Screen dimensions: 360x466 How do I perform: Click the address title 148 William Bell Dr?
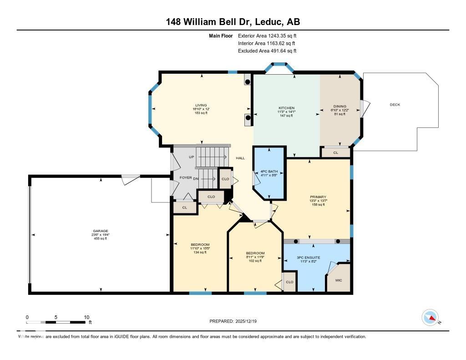pyautogui.click(x=233, y=22)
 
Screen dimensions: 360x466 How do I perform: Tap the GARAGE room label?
pyautogui.click(x=101, y=231)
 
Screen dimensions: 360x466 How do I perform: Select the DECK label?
pyautogui.click(x=395, y=105)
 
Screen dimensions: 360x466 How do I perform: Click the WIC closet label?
pyautogui.click(x=339, y=280)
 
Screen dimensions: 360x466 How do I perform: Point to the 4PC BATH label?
pyautogui.click(x=269, y=171)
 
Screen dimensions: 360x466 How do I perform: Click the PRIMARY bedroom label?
pyautogui.click(x=318, y=197)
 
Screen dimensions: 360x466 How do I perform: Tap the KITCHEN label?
pyautogui.click(x=287, y=108)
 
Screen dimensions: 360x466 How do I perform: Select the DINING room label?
pyautogui.click(x=339, y=106)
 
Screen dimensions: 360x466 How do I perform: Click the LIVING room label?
pyautogui.click(x=201, y=104)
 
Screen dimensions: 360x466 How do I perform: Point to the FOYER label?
pyautogui.click(x=185, y=178)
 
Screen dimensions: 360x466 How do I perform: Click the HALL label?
pyautogui.click(x=240, y=158)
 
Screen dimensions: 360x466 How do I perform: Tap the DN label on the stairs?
pyautogui.click(x=196, y=178)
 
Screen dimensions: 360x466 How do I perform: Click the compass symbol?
pyautogui.click(x=430, y=317)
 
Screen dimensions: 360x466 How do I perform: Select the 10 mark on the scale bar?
pyautogui.click(x=86, y=317)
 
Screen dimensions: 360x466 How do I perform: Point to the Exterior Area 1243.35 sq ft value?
pyautogui.click(x=268, y=35)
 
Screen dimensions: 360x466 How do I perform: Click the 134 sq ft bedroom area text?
pyautogui.click(x=200, y=252)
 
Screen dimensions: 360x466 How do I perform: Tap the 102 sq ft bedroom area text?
pyautogui.click(x=255, y=261)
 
